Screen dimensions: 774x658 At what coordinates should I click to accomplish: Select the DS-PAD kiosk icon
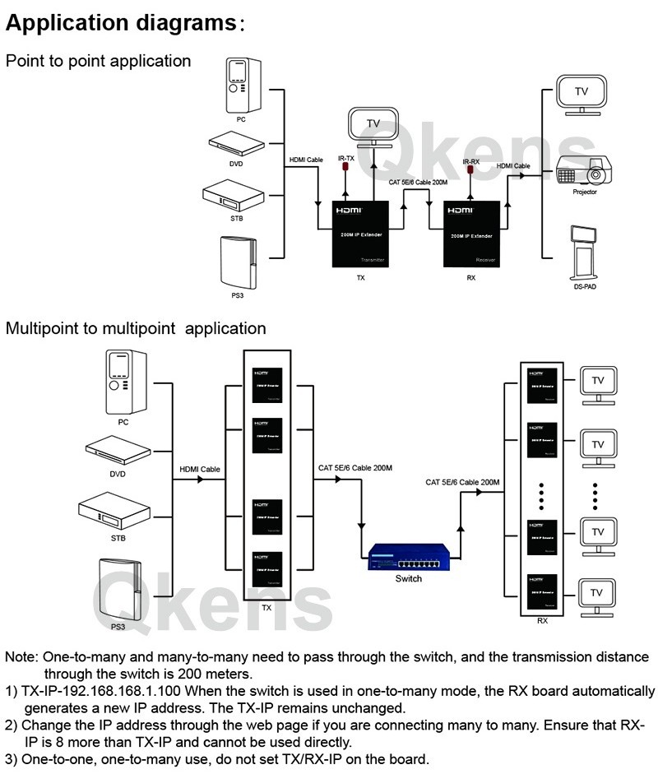(583, 252)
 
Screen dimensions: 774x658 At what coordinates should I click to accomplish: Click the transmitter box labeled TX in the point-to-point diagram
(360, 234)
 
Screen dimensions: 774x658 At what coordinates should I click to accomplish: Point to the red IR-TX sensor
(346, 169)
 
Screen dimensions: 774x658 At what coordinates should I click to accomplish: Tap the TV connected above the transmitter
(373, 125)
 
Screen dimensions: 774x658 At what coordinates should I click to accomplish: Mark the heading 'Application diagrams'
(121, 23)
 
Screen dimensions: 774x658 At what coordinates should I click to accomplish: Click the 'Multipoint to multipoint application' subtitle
(136, 329)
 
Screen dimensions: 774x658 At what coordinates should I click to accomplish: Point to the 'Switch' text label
(408, 578)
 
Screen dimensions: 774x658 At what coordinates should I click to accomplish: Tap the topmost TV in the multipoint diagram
(598, 382)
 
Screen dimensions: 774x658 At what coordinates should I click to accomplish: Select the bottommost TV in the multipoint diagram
(598, 594)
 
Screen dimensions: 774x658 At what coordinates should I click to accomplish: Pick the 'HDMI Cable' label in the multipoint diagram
(200, 470)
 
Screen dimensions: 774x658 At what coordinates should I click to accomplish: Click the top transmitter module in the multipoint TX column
(266, 383)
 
